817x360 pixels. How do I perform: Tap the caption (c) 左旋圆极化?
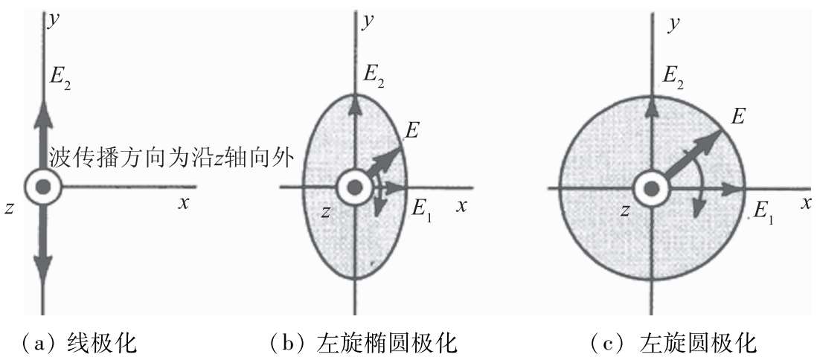(673, 343)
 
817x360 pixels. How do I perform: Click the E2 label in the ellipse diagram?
(374, 73)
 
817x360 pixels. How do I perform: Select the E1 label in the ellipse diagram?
(422, 208)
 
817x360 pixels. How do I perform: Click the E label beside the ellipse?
(411, 132)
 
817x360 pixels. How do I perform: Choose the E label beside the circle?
(738, 115)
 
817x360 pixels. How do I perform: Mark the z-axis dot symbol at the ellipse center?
(355, 187)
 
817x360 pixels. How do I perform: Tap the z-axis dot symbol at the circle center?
(652, 188)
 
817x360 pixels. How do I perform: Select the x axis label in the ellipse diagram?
(461, 206)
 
